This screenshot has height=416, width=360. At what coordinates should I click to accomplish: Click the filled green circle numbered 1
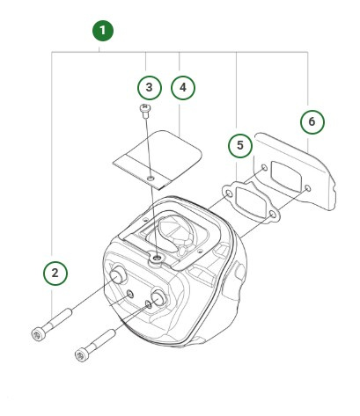[103, 31]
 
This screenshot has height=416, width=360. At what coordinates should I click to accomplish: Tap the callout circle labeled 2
[55, 273]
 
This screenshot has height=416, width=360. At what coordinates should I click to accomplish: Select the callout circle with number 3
[150, 87]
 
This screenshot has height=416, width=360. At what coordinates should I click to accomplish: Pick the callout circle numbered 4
[182, 87]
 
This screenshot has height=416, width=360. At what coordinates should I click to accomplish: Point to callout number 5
[237, 144]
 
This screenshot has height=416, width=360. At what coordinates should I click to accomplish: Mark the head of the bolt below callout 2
[38, 332]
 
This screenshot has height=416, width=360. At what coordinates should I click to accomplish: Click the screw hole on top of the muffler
[156, 257]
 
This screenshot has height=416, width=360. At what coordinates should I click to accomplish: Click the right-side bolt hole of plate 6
[306, 188]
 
